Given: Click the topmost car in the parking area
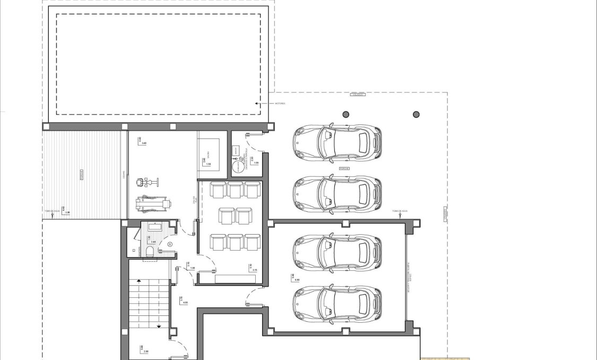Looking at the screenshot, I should point(337,143).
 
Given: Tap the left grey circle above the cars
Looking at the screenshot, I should point(346,114).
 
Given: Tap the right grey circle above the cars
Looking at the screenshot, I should point(416,114).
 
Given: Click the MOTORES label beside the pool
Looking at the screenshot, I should point(279,104).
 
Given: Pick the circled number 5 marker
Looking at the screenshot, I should point(169,244).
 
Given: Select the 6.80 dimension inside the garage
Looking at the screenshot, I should point(297,278).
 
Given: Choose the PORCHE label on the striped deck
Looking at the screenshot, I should point(81,175).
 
